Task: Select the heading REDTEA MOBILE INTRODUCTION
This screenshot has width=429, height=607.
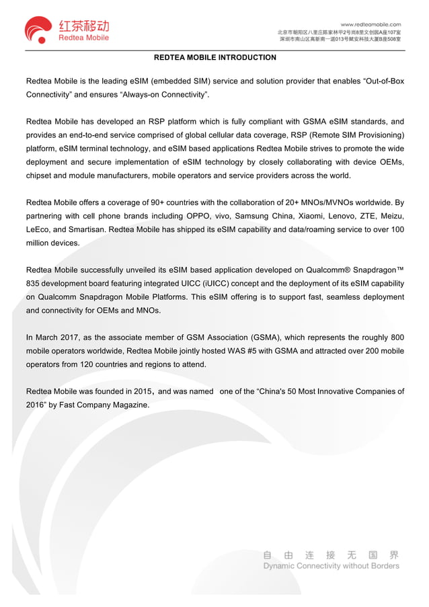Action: tap(214, 58)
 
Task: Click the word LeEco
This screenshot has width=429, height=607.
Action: tap(38, 229)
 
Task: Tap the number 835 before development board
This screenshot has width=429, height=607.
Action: tap(34, 283)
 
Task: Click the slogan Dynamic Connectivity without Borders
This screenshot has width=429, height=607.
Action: tap(331, 566)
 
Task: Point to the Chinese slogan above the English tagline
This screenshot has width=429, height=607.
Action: tap(331, 555)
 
